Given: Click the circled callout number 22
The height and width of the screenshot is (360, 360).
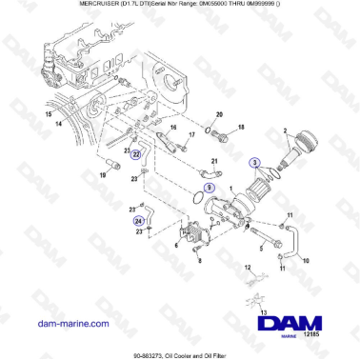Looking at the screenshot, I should (x=136, y=152).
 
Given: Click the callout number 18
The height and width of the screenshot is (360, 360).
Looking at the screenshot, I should (x=241, y=127).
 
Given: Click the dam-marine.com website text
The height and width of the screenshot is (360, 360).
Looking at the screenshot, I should (x=61, y=324).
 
